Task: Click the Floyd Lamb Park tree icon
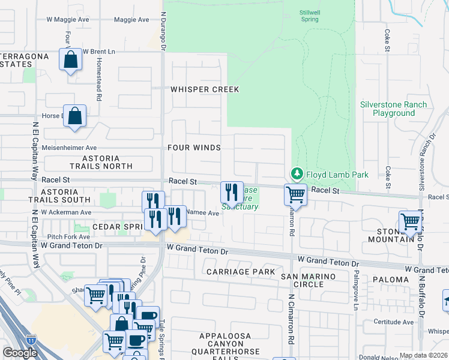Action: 297,174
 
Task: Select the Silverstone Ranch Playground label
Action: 393,109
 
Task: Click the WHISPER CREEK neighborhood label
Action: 204,89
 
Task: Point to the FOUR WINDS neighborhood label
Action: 194,148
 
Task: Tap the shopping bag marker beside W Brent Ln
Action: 70,60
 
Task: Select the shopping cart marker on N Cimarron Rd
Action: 295,194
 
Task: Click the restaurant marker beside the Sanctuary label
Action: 232,192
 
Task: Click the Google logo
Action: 20,353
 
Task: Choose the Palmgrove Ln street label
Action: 355,297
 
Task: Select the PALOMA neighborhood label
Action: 391,280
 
